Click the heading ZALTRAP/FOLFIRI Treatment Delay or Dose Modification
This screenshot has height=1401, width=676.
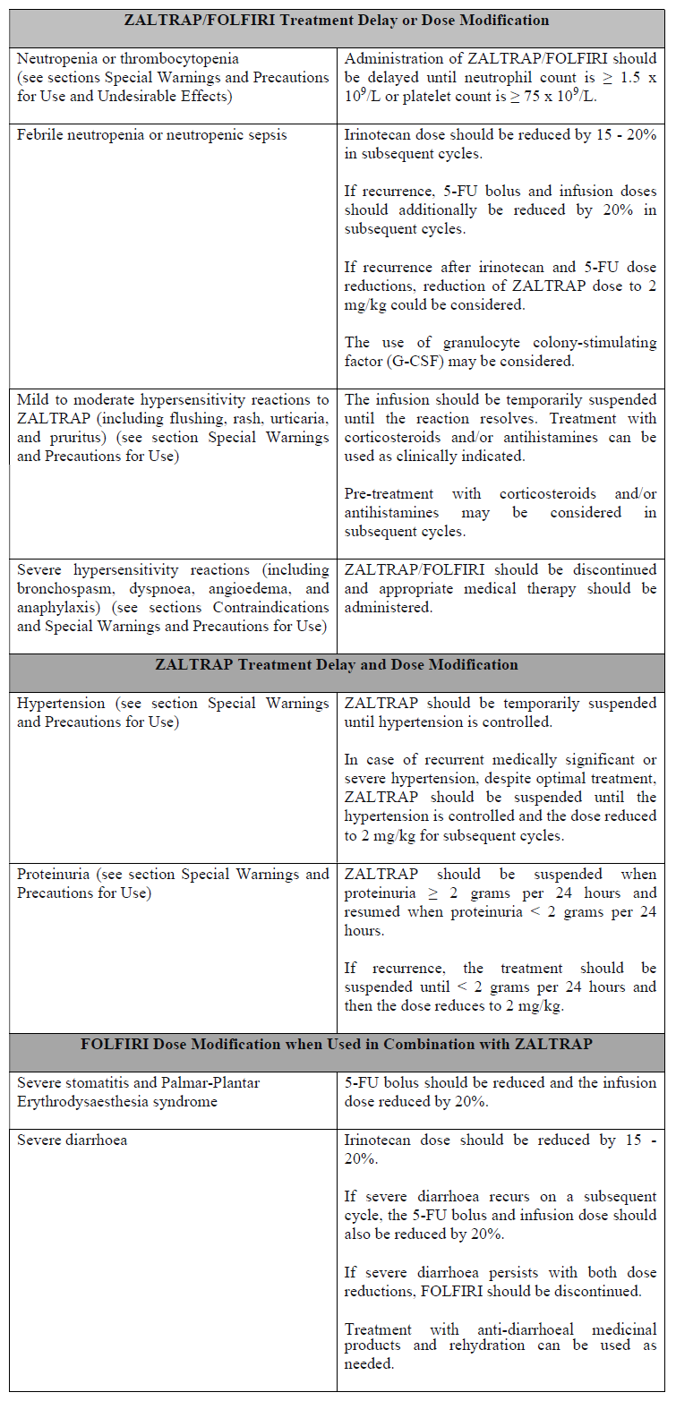(x=338, y=20)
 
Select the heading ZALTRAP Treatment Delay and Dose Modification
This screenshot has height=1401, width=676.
(x=338, y=665)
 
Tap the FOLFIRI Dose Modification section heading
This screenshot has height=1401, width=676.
(x=338, y=1045)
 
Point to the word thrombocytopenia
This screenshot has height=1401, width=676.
(x=176, y=58)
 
